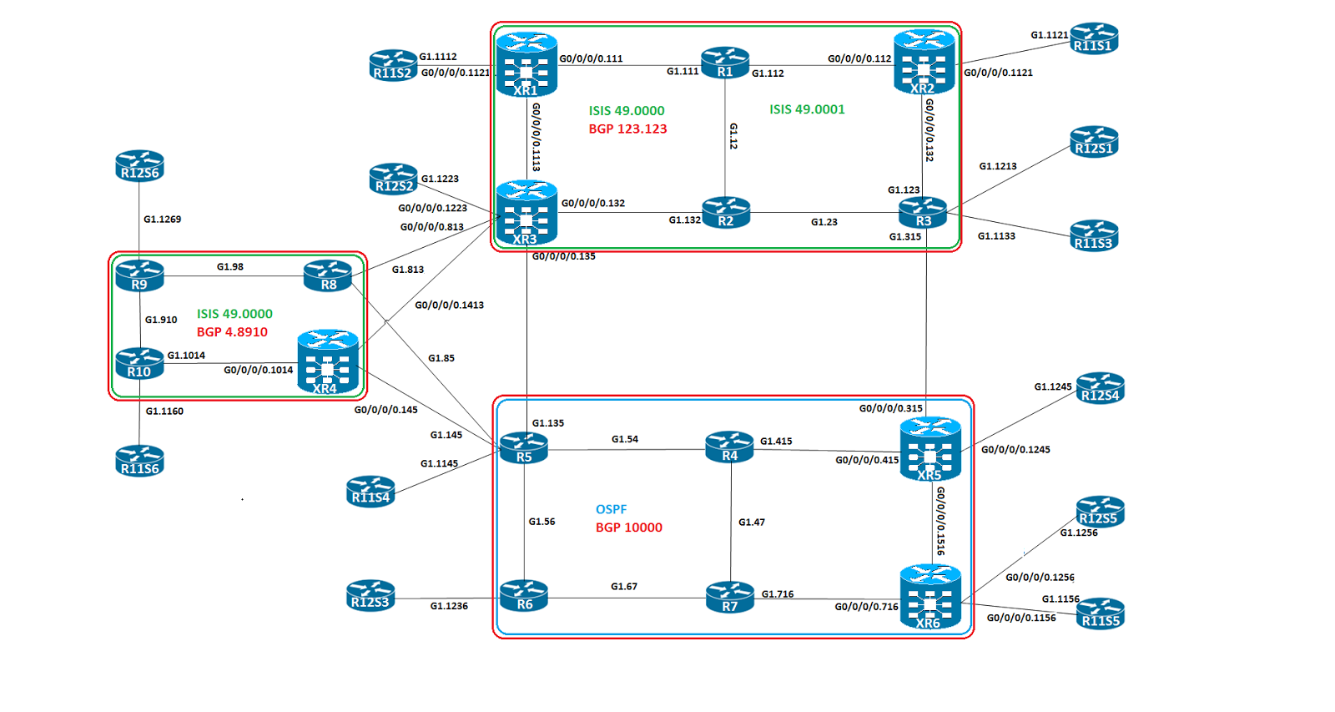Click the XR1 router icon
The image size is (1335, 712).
[526, 64]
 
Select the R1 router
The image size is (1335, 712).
[725, 63]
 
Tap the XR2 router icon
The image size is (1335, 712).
[924, 62]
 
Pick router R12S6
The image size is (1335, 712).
[139, 165]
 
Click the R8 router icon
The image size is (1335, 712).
[328, 275]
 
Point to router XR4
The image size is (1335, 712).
[328, 362]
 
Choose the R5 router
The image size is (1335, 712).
[524, 447]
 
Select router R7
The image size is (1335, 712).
[729, 597]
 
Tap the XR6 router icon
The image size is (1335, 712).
[930, 597]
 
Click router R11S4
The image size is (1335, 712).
[370, 492]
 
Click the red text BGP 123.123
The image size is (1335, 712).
[627, 129]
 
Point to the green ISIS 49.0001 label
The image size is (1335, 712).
[807, 109]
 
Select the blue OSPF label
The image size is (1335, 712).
[611, 509]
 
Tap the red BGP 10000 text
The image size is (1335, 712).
[629, 528]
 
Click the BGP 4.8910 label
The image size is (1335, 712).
[232, 331]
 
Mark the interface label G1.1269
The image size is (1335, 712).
[162, 220]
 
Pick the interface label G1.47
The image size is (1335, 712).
[751, 523]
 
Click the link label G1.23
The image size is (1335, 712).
[824, 222]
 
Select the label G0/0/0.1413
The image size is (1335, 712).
[449, 306]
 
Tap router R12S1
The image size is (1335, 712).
[1094, 141]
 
